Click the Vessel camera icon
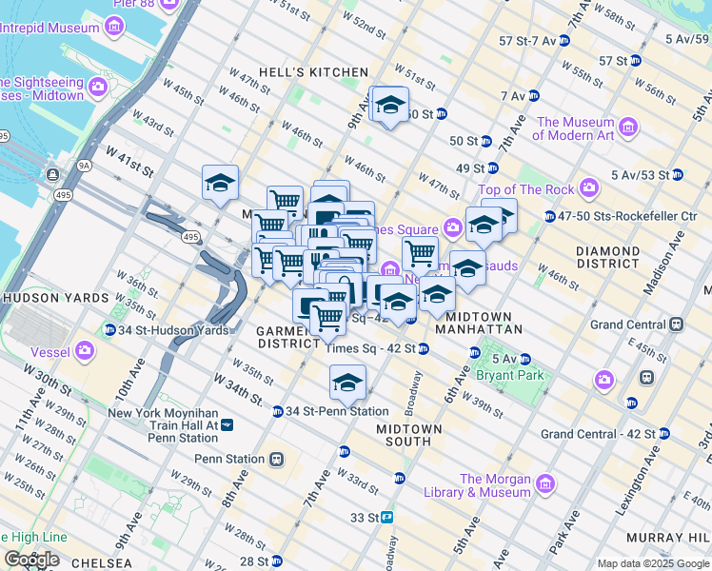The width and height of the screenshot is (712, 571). [85, 351]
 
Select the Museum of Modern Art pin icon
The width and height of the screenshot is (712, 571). [627, 128]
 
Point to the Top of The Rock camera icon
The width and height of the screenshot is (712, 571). [589, 189]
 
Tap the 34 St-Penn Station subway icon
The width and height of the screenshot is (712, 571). [277, 411]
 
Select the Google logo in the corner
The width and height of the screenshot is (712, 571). [31, 559]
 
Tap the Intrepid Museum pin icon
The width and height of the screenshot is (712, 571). [114, 23]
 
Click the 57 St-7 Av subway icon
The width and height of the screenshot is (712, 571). [564, 41]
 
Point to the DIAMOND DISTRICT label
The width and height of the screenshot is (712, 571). [608, 257]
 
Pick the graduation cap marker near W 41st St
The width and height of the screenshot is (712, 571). [220, 183]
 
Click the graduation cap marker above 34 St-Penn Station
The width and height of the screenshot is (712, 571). [347, 383]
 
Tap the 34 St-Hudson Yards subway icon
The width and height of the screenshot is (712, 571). [111, 330]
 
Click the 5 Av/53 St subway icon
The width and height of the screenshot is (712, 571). [677, 175]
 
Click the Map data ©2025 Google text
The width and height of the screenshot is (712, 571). [653, 563]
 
